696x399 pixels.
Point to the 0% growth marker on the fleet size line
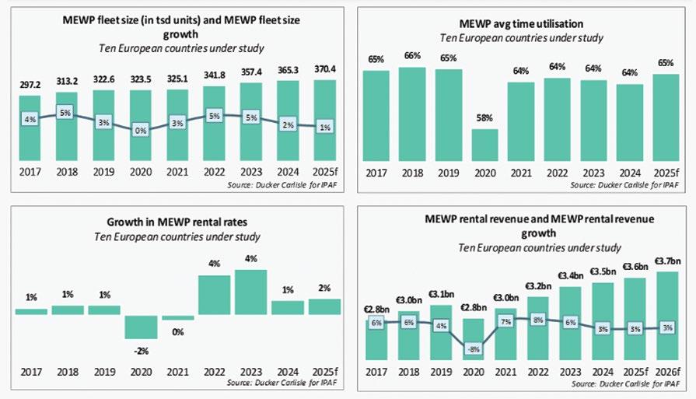point(140,131)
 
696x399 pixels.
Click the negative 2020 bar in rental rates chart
point(140,327)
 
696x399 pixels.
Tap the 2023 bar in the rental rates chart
point(250,292)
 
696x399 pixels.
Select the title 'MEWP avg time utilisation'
point(521,23)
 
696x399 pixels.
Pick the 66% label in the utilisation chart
point(412,57)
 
